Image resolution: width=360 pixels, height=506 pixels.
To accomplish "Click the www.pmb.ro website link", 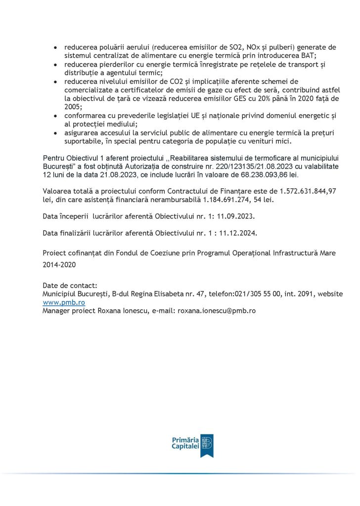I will point(64,302).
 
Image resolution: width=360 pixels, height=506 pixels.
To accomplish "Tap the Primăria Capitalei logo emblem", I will point(207,445).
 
